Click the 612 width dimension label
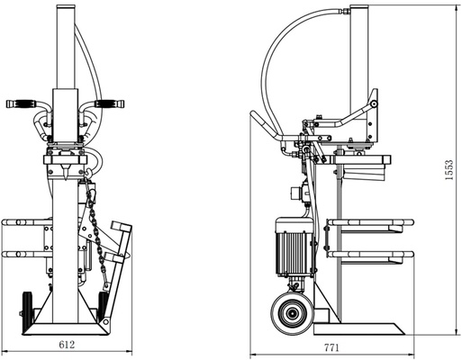tap(67, 345)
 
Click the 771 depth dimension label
tap(331, 348)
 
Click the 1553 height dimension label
tap(449, 170)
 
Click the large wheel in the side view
tap(291, 314)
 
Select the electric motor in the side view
tap(294, 247)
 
